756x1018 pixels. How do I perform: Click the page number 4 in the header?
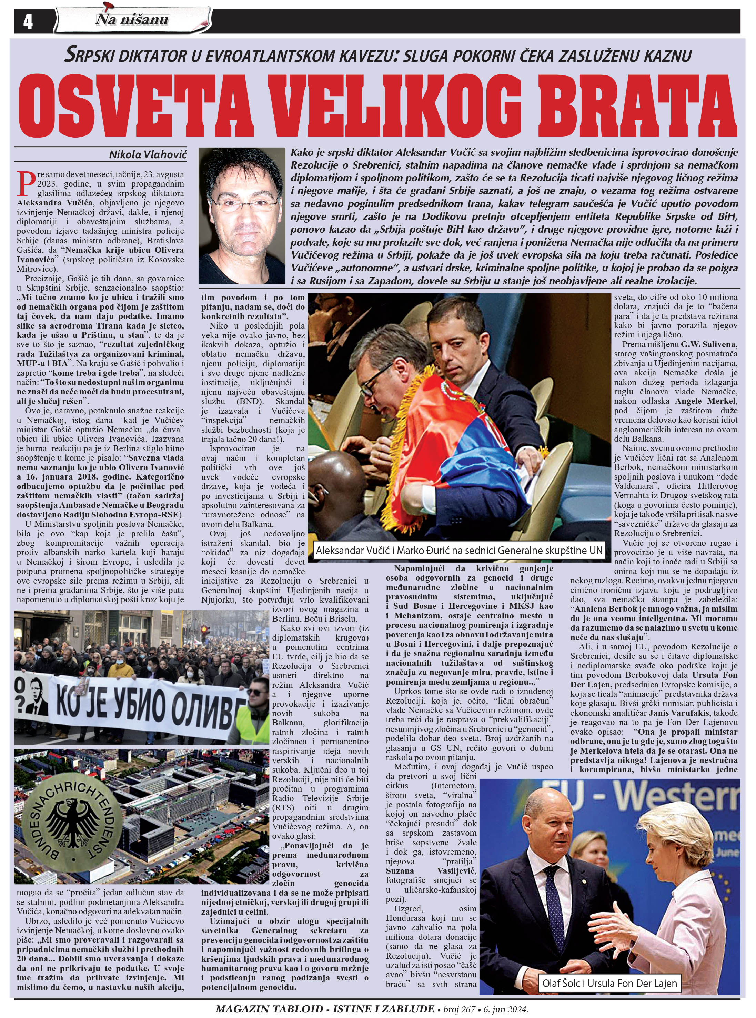[28, 21]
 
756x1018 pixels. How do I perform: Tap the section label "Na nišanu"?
[132, 20]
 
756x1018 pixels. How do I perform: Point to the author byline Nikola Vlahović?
[147, 155]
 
